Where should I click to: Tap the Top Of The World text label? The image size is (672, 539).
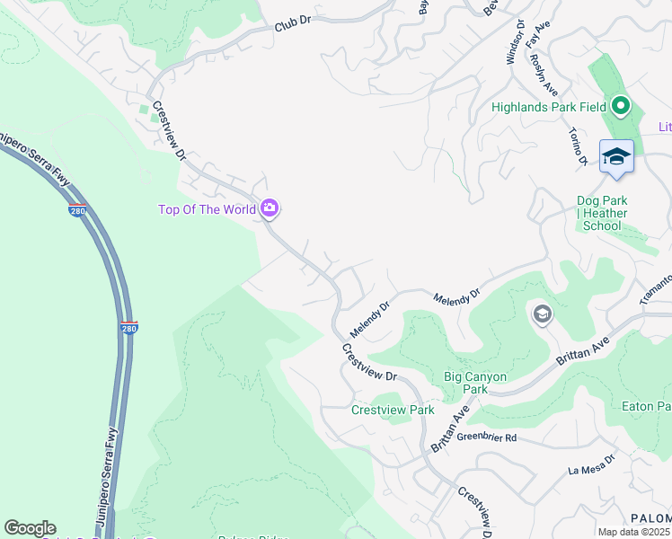[x=207, y=210]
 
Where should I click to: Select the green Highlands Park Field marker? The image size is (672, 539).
[x=620, y=107]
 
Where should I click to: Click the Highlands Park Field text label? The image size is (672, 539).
[x=549, y=107]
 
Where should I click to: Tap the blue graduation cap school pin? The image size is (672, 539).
[x=616, y=157]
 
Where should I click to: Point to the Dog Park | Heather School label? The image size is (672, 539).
[x=602, y=214]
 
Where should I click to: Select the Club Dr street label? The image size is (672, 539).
[x=291, y=27]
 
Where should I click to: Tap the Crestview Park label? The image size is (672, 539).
[x=393, y=410]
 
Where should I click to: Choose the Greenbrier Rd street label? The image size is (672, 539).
[x=486, y=437]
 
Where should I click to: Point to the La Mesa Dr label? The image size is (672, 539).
[x=590, y=464]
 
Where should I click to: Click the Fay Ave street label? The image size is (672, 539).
[x=537, y=37]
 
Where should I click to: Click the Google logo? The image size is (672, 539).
[x=30, y=528]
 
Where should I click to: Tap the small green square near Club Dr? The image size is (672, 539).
[x=143, y=110]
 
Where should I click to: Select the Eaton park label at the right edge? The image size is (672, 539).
[x=646, y=407]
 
